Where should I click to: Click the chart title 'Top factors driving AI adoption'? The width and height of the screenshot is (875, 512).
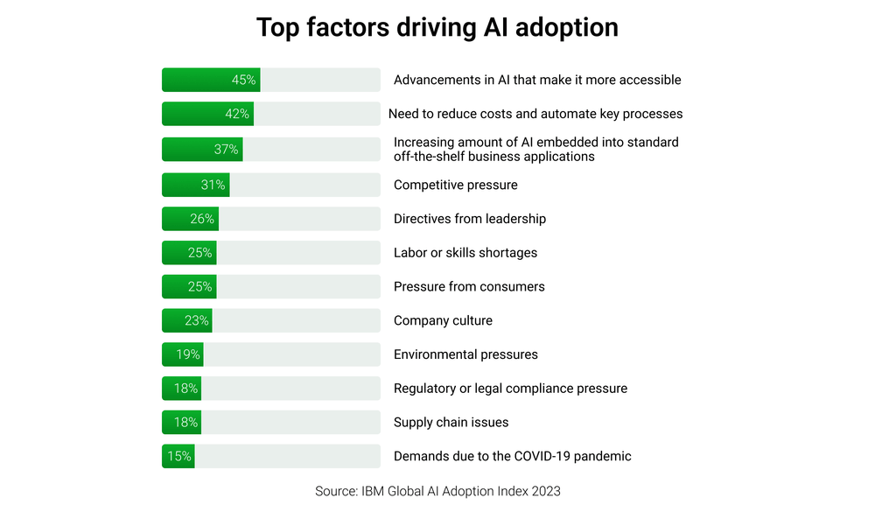click(x=437, y=27)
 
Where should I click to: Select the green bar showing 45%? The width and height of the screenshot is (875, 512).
click(x=211, y=80)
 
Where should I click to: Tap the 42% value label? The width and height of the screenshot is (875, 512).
click(x=237, y=114)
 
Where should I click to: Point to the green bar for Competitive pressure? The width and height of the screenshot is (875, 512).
click(x=195, y=185)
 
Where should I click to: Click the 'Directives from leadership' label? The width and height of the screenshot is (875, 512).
click(x=470, y=219)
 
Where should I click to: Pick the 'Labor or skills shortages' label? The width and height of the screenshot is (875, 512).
click(x=465, y=253)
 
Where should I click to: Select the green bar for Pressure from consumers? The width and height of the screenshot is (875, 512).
click(x=189, y=286)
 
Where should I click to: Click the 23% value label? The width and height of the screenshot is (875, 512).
click(x=197, y=320)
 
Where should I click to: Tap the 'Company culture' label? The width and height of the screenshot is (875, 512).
click(x=443, y=320)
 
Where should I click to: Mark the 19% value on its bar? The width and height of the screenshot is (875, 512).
click(x=188, y=354)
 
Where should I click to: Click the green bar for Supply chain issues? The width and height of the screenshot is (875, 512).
click(x=181, y=422)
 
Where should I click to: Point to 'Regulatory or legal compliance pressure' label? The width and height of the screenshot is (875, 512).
click(x=510, y=389)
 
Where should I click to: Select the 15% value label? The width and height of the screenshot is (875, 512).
click(x=180, y=456)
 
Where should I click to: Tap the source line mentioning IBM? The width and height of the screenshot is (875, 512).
click(x=437, y=491)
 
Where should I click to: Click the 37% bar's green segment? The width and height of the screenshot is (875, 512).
click(x=202, y=149)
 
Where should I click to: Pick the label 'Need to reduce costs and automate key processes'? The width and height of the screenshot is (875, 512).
click(x=535, y=114)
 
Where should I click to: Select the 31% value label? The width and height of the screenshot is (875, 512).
click(x=213, y=185)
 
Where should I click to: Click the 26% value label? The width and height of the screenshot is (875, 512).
click(x=202, y=219)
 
